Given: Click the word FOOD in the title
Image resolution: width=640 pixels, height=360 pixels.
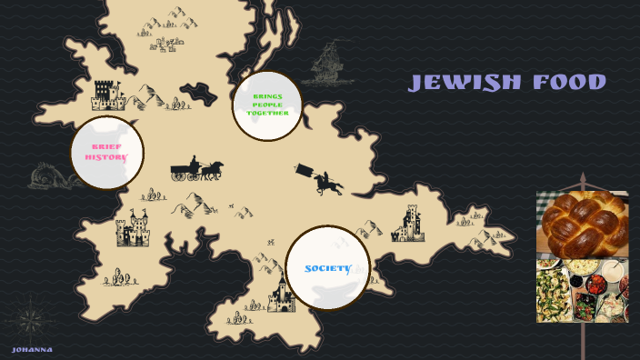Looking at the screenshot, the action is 570,83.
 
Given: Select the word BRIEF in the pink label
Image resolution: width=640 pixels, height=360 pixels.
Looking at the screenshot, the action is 106,146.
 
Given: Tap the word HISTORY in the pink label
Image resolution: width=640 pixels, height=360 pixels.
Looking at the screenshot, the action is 106,157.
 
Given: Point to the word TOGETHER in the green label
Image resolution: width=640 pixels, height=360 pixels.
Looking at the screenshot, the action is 267,113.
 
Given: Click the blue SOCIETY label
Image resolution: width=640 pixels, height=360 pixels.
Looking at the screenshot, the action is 327,268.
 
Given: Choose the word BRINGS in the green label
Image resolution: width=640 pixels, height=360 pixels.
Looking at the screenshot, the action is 267,95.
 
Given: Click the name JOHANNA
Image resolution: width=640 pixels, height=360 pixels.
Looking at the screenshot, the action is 32,349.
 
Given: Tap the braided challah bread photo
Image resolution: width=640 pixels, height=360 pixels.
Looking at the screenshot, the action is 582,225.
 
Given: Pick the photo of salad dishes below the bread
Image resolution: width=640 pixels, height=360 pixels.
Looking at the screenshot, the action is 582,290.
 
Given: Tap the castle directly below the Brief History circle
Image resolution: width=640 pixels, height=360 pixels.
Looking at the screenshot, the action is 132,229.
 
